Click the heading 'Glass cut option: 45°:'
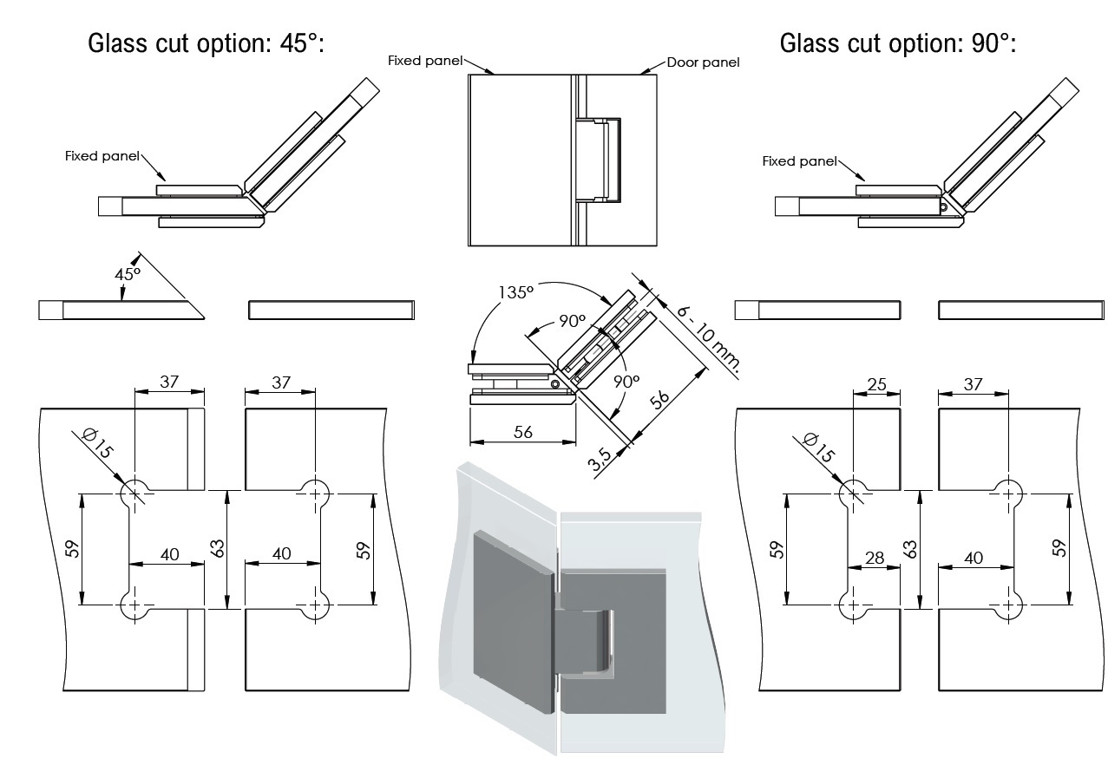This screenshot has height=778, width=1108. click(206, 42)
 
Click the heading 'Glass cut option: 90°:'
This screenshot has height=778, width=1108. click(897, 42)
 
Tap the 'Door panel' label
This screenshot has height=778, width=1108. click(703, 63)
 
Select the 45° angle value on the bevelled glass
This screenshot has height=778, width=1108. click(128, 273)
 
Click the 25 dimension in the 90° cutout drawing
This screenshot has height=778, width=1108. click(876, 382)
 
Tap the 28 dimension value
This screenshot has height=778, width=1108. click(875, 558)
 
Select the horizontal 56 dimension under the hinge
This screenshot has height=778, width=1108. click(522, 432)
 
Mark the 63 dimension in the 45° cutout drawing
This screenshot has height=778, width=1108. click(217, 549)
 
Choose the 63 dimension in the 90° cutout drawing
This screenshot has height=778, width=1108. click(909, 549)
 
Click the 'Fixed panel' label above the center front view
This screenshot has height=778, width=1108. click(425, 61)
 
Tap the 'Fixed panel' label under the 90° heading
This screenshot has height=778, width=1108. click(799, 161)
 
